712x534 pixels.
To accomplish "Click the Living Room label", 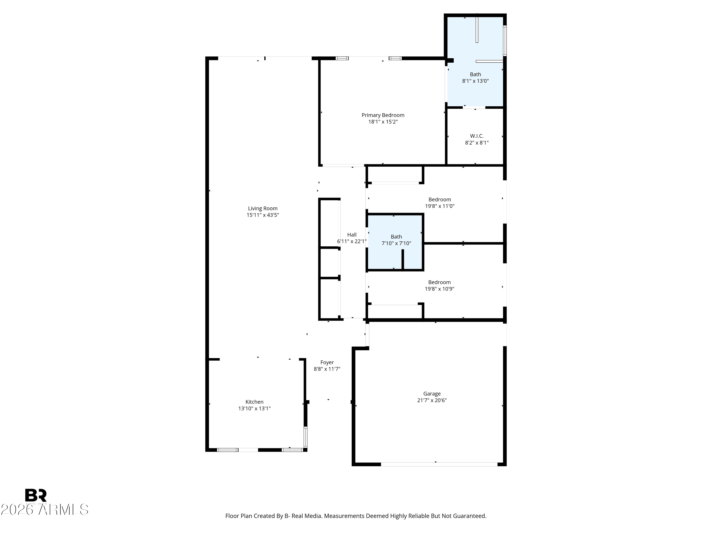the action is pyautogui.click(x=263, y=209).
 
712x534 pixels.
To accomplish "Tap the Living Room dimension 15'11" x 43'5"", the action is pyautogui.click(x=263, y=215).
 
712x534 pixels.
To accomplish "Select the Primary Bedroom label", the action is pyautogui.click(x=383, y=115).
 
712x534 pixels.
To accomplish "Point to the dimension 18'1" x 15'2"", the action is pyautogui.click(x=383, y=122).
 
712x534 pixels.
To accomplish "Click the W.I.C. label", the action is pyautogui.click(x=477, y=136).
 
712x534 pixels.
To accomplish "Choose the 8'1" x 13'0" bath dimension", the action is pyautogui.click(x=475, y=81).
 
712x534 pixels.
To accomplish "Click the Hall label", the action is pyautogui.click(x=352, y=235).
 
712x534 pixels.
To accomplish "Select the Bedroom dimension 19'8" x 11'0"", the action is pyautogui.click(x=440, y=206).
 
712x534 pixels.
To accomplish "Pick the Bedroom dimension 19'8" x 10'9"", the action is pyautogui.click(x=439, y=289).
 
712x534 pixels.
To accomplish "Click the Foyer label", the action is pyautogui.click(x=327, y=362).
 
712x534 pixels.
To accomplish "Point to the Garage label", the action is pyautogui.click(x=432, y=394).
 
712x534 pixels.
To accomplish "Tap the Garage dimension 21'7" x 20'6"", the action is pyautogui.click(x=432, y=400).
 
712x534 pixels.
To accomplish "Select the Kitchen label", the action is pyautogui.click(x=254, y=402).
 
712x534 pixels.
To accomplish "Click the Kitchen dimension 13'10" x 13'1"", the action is pyautogui.click(x=254, y=408).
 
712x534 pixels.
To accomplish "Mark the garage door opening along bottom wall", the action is pyautogui.click(x=439, y=464).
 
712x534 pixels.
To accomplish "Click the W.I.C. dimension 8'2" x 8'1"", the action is pyautogui.click(x=477, y=143).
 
